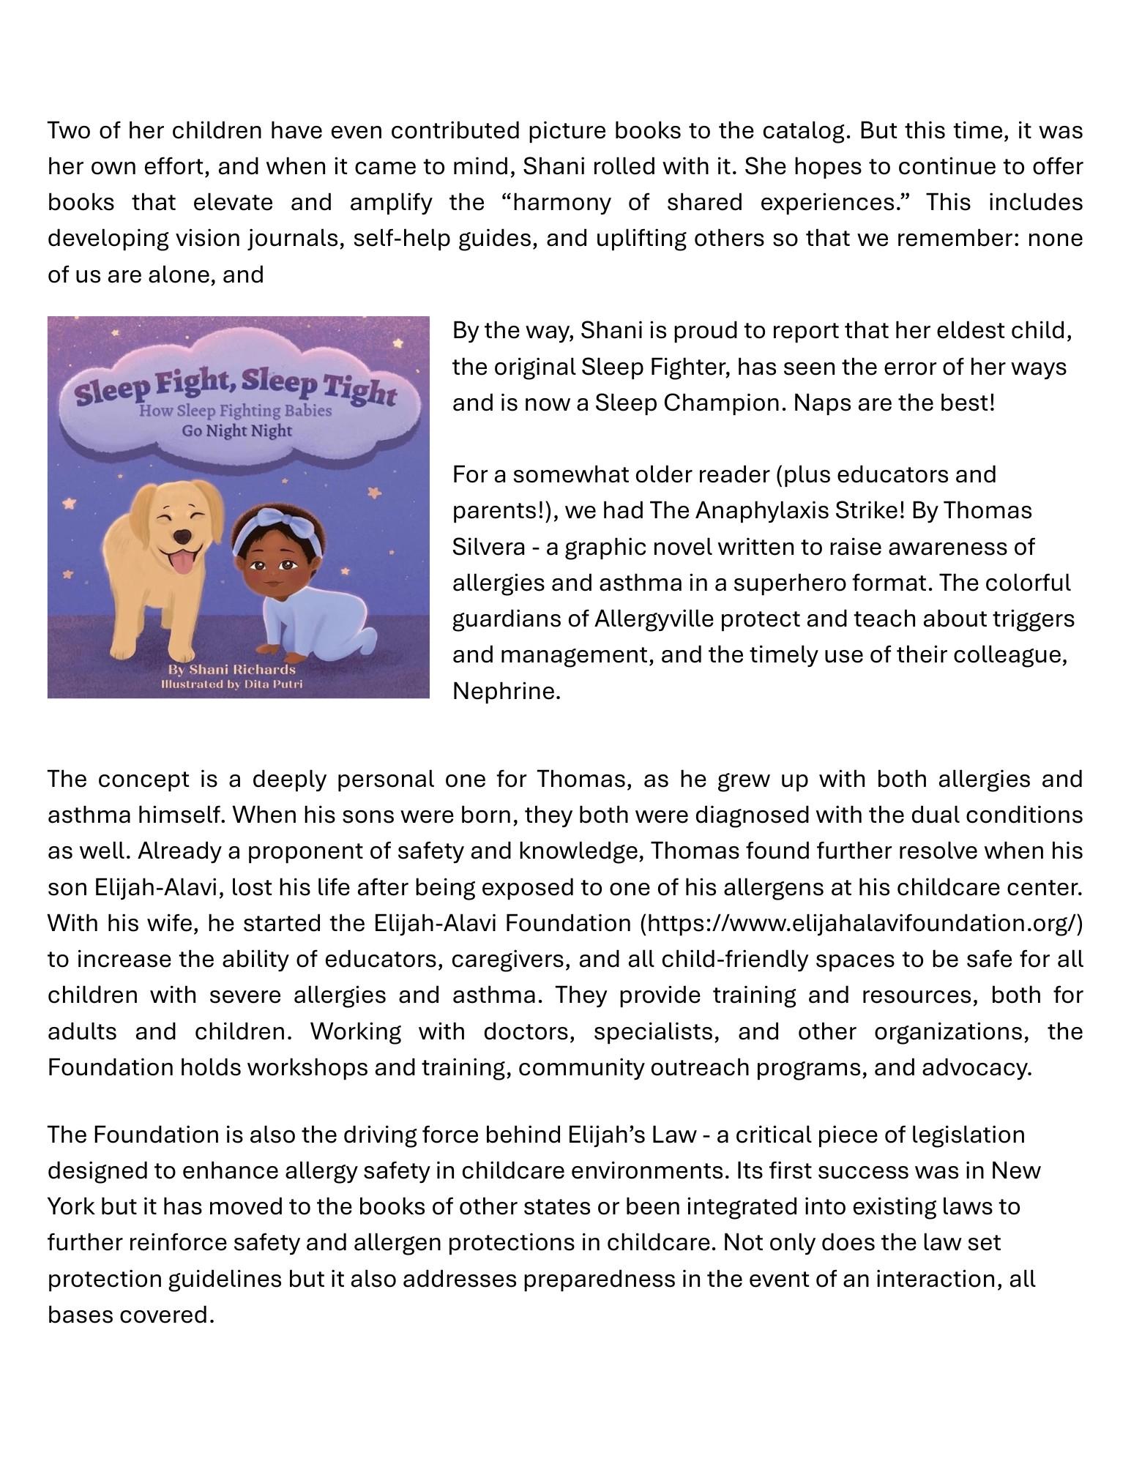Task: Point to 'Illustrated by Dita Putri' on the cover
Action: (x=231, y=684)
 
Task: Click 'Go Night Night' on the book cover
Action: (x=236, y=430)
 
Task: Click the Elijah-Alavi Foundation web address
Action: (x=862, y=923)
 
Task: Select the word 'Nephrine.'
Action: (x=507, y=690)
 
